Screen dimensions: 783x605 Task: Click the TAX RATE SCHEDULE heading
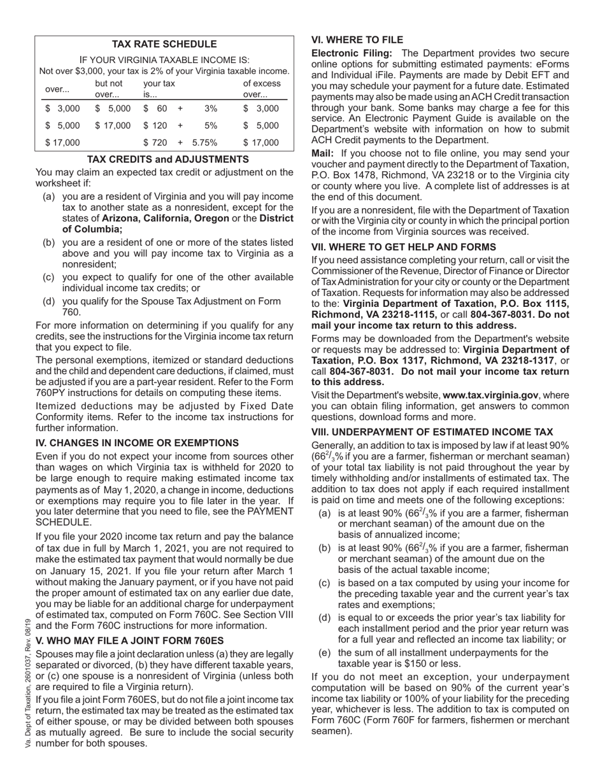point(164,44)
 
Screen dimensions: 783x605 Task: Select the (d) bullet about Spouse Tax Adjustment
point(168,306)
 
